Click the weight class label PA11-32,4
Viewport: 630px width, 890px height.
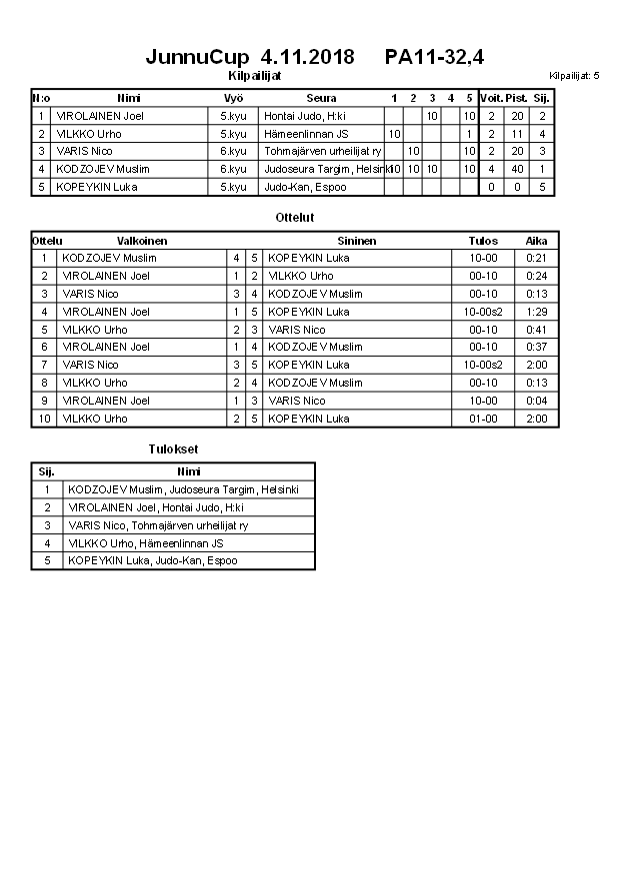click(434, 57)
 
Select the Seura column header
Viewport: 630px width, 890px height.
click(321, 98)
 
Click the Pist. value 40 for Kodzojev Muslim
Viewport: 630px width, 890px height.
click(516, 169)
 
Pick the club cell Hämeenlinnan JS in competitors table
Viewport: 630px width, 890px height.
click(306, 134)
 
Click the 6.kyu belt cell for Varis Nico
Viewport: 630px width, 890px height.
click(233, 152)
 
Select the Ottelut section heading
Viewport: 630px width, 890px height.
click(294, 217)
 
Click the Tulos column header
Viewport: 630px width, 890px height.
click(483, 241)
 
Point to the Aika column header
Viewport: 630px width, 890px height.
click(537, 241)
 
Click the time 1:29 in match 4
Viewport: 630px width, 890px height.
click(537, 312)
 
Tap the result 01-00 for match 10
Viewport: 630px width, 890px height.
click(483, 419)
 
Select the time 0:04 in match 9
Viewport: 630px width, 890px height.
click(537, 401)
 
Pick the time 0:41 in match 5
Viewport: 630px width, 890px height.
click(537, 330)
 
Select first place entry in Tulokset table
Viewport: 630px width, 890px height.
click(184, 489)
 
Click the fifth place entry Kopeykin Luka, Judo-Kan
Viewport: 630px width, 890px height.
click(152, 561)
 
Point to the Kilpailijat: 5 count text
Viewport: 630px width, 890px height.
click(574, 76)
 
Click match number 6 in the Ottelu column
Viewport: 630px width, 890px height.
click(44, 347)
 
